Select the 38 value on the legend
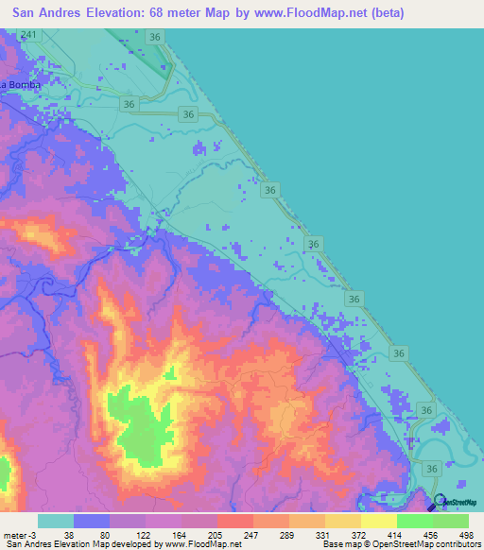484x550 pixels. click(69, 534)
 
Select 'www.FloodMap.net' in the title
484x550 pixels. click(323, 13)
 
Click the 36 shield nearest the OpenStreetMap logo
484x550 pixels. click(432, 468)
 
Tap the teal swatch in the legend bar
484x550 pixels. click(56, 521)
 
